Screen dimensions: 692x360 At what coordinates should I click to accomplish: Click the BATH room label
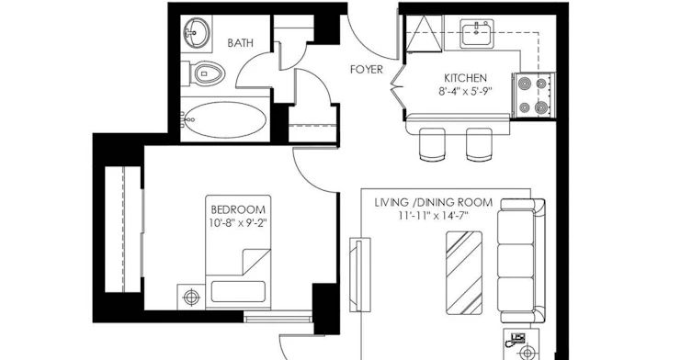coord(241,43)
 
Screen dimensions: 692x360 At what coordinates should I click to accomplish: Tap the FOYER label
coord(367,69)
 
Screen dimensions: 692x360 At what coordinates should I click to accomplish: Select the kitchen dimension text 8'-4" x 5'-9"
coord(465,91)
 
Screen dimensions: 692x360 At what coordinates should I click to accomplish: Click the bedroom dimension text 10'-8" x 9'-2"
coord(238,222)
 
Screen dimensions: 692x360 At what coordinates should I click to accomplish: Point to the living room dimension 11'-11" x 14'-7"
coord(434,216)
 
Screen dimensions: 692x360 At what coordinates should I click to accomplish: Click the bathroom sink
coord(196,33)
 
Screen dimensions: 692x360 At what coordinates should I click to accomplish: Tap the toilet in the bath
coord(204,73)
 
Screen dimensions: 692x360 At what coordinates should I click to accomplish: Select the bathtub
coord(224,119)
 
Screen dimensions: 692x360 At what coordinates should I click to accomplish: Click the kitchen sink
coord(477,33)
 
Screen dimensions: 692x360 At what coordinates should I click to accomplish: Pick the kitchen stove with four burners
coord(533,95)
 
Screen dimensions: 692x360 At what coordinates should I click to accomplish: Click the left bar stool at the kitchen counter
coord(432,144)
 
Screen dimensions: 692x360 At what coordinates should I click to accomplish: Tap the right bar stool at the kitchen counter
coord(479,144)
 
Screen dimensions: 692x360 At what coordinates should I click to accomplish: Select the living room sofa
coord(521,260)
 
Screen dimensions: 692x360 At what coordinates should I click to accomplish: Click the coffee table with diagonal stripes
coord(464,273)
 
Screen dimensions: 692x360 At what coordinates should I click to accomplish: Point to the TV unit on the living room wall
coord(359,275)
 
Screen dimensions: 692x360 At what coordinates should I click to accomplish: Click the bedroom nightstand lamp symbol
coord(191,297)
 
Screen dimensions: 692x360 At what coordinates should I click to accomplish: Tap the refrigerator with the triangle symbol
coord(424,34)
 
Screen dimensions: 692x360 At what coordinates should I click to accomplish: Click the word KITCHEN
coord(465,79)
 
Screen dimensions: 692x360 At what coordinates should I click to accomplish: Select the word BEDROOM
coord(238,209)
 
